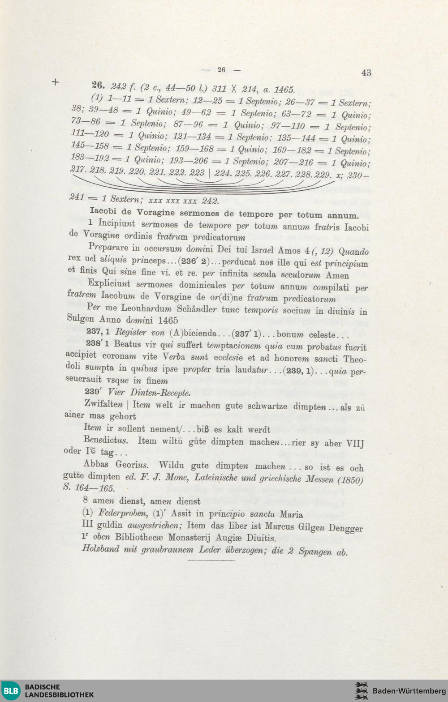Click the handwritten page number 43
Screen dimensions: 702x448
coord(366,73)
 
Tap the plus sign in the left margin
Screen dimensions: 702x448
coord(55,82)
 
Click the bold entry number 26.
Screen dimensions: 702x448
coord(98,85)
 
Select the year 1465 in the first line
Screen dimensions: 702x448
coord(284,90)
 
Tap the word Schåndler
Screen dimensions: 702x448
coord(197,309)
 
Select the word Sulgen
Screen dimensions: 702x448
coord(81,318)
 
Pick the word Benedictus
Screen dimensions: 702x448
coord(106,440)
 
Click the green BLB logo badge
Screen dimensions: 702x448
coord(11,691)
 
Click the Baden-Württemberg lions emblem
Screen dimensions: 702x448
coord(361,691)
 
